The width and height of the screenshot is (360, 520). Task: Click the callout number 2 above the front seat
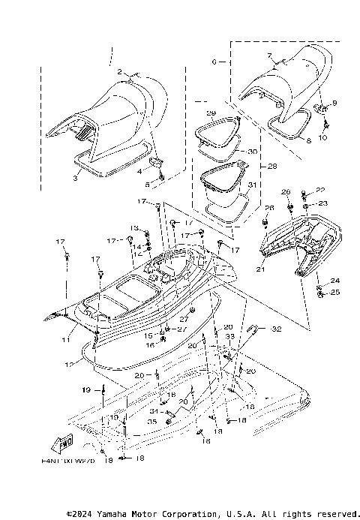coord(119,72)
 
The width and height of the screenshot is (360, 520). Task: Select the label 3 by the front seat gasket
coord(76,179)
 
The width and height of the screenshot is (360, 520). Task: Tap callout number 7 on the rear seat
coord(268,56)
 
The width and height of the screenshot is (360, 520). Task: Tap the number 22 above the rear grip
coord(321,190)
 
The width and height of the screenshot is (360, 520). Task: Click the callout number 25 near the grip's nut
coord(335,292)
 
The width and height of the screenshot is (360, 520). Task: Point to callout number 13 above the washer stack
coord(135,227)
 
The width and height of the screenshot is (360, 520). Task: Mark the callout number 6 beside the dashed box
coord(214,62)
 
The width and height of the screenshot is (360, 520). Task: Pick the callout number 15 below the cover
coord(148,335)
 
